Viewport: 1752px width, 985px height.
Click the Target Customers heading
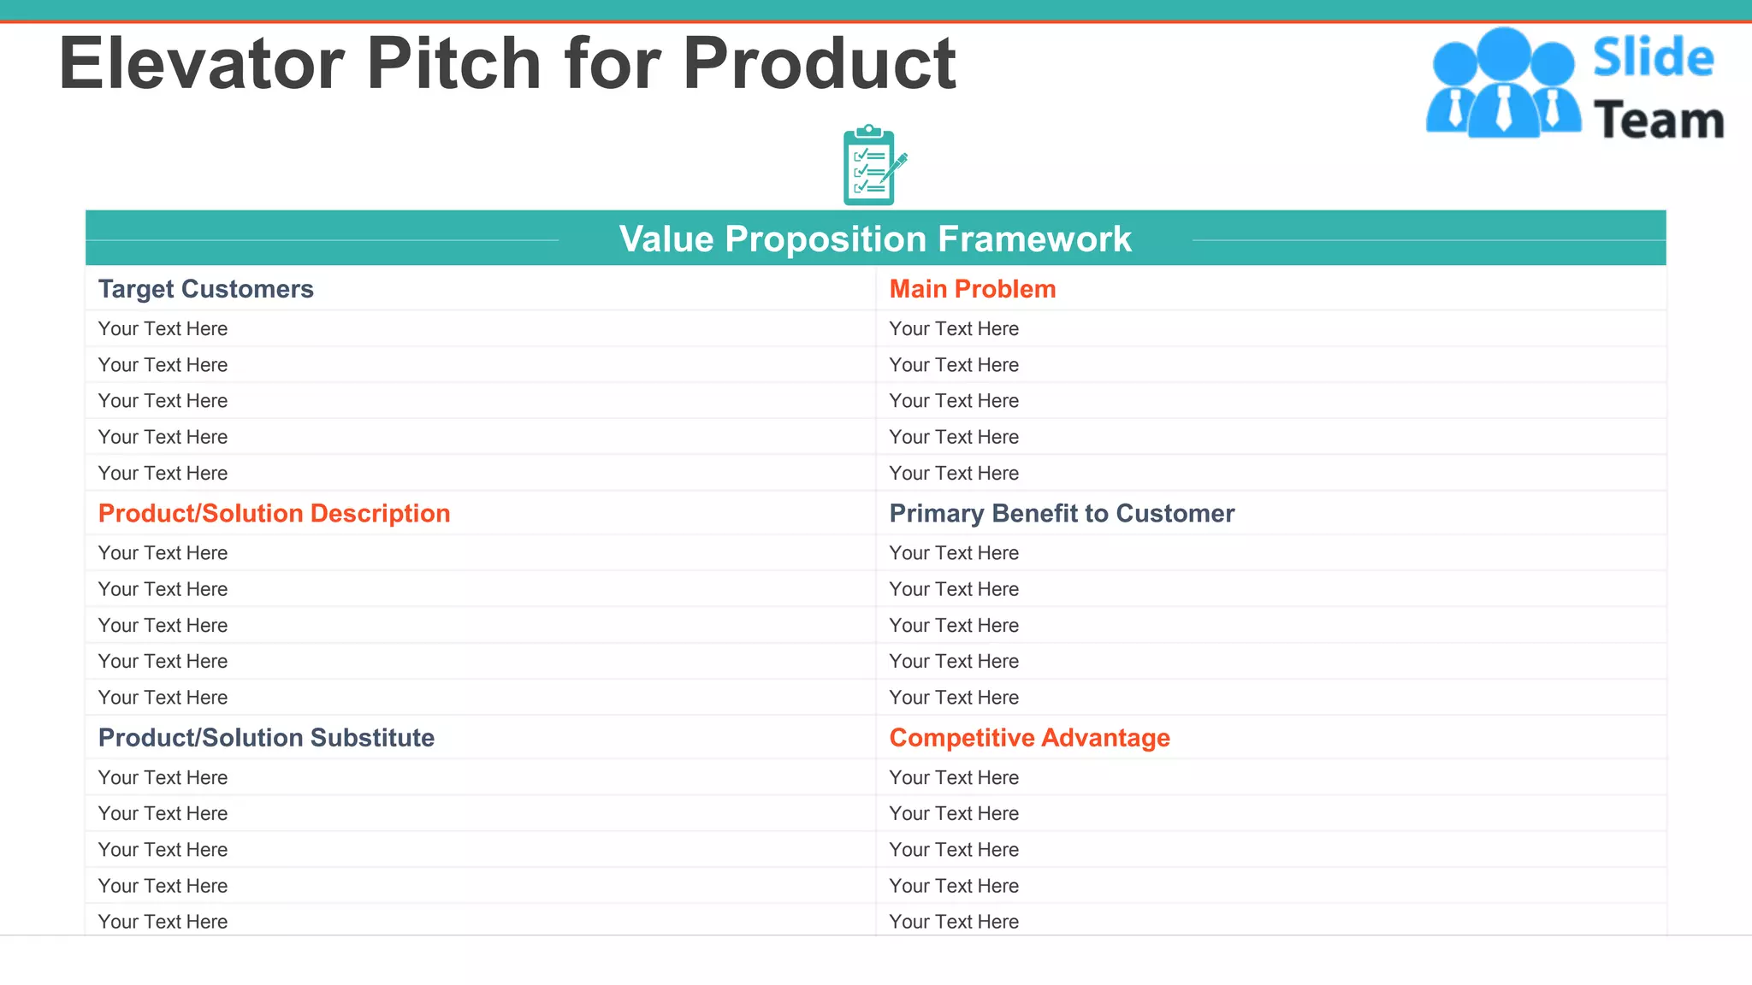click(205, 289)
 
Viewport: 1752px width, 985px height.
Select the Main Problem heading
click(972, 289)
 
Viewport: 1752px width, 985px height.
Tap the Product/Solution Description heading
click(274, 513)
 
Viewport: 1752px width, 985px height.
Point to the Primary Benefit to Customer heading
click(1062, 513)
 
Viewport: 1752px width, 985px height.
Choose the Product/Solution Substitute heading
click(266, 737)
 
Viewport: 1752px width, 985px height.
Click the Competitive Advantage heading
click(1029, 737)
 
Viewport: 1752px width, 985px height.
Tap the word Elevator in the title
click(201, 63)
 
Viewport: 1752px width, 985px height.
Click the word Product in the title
click(819, 63)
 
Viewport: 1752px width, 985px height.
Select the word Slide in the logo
click(1653, 57)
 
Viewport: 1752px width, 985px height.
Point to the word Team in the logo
click(1658, 121)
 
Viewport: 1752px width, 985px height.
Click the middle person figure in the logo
click(1503, 86)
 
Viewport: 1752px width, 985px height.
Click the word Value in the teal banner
click(666, 239)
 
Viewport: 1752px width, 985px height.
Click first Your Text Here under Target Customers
click(163, 328)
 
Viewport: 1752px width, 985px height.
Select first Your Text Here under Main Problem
click(954, 328)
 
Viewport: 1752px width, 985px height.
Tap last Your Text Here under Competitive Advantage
click(954, 921)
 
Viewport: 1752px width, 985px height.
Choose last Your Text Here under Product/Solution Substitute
click(163, 921)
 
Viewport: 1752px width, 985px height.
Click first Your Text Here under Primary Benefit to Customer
click(954, 552)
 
